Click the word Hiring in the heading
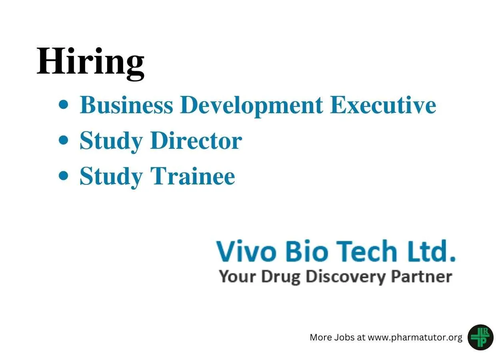click(90, 63)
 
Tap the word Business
click(126, 105)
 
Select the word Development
click(251, 106)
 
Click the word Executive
click(383, 105)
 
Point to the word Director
click(196, 140)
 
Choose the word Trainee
click(193, 176)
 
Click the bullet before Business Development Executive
click(64, 104)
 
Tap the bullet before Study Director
click(64, 140)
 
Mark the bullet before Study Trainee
click(64, 176)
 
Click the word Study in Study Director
click(111, 142)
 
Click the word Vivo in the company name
click(246, 251)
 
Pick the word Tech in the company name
click(367, 251)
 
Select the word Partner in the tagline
click(422, 276)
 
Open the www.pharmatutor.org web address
click(415, 338)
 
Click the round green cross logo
click(480, 337)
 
